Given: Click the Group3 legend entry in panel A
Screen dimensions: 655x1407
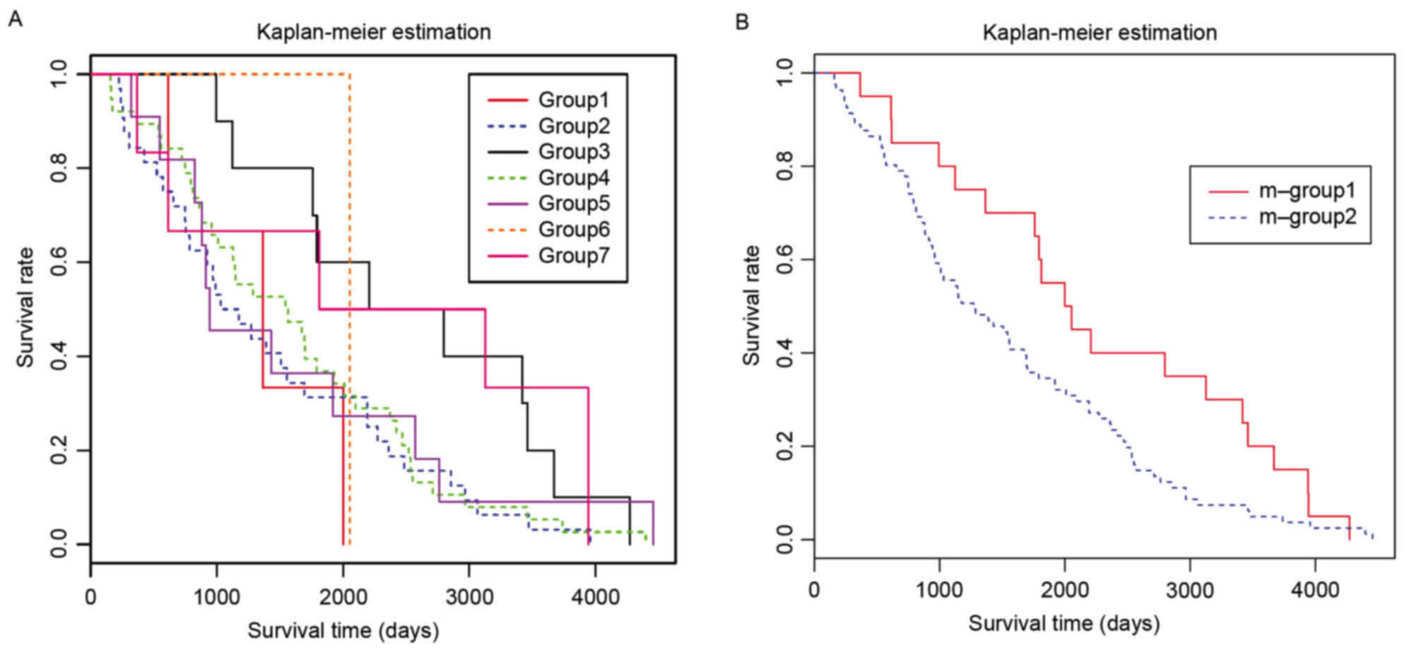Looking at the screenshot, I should [573, 152].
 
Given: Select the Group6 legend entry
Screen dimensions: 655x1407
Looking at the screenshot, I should [573, 230].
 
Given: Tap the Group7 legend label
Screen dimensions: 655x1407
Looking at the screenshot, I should [573, 255].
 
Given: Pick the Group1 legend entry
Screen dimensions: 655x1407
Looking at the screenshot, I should [573, 100].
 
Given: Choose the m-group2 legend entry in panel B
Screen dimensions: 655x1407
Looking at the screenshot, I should [1307, 217].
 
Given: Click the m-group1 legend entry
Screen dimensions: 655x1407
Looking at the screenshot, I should [1307, 191].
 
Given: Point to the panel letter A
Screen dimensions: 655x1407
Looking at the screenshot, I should [16, 19].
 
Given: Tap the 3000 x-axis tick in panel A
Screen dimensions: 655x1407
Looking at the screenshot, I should [469, 597].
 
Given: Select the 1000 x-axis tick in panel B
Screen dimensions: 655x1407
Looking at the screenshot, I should [939, 589].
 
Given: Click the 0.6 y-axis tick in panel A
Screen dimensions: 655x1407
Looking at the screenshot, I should [59, 262].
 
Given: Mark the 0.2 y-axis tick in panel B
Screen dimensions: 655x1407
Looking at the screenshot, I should [784, 447].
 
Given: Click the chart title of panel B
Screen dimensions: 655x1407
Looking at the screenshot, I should [1100, 33].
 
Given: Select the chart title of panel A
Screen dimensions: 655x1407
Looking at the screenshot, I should [373, 32].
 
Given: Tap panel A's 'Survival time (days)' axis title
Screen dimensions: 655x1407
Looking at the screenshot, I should [343, 630].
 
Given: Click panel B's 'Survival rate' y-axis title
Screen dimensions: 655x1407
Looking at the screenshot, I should [750, 305].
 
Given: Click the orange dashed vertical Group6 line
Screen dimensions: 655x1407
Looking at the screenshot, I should [350, 318].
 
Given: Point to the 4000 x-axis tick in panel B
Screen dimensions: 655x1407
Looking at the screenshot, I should [1314, 589].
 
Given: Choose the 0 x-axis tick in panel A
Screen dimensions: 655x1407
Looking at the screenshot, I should [90, 597].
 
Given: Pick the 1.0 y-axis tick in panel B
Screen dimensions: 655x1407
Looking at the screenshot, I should [784, 73].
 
